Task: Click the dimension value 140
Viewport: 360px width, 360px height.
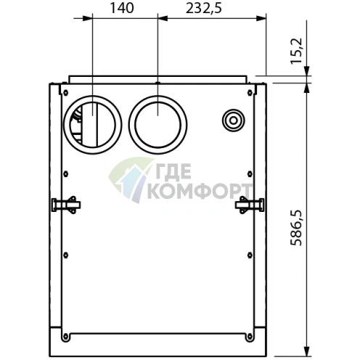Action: pos(122,8)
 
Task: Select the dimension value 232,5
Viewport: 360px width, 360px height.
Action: pos(203,9)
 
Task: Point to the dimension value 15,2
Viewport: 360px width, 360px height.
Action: pos(296,51)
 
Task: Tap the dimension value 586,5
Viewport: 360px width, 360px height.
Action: pos(296,228)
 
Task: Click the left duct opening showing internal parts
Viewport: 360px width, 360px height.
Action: pos(92,125)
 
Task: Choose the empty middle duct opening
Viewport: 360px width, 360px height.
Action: pos(157,125)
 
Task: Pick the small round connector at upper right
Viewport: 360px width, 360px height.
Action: pos(233,120)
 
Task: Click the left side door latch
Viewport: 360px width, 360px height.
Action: pos(66,205)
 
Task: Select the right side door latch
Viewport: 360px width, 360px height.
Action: pos(250,205)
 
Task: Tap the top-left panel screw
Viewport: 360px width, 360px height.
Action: pos(65,92)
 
